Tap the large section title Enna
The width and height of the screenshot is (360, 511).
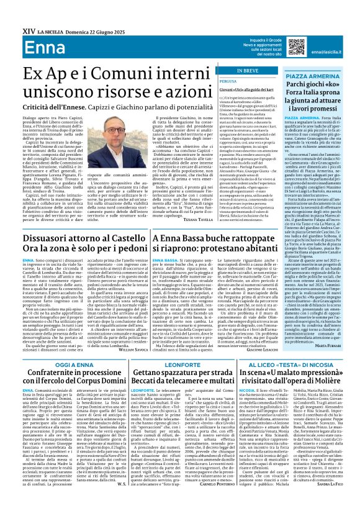(x=24, y=30)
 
